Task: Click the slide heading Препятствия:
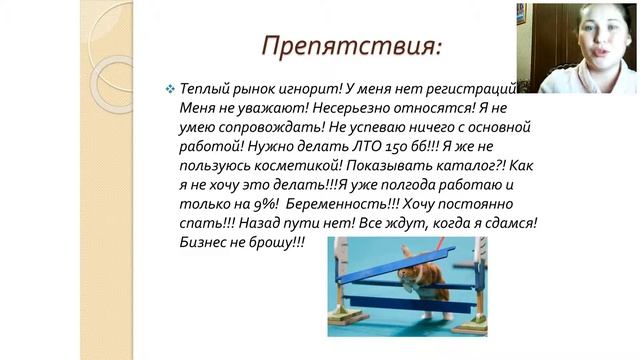pyautogui.click(x=350, y=47)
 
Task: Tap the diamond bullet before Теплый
pyautogui.click(x=169, y=89)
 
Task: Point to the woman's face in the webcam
pyautogui.click(x=601, y=45)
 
